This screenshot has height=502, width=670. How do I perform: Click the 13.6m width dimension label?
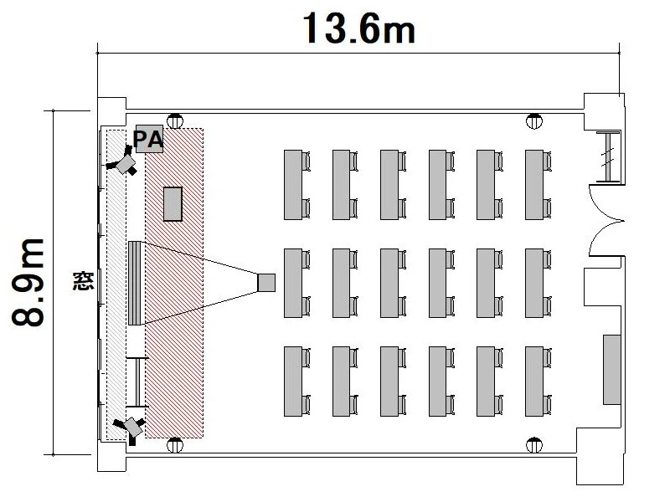(x=358, y=28)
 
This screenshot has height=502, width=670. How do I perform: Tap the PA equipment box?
(x=148, y=140)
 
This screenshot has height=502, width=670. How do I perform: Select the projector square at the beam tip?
(x=266, y=283)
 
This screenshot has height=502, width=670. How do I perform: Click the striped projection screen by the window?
(x=135, y=283)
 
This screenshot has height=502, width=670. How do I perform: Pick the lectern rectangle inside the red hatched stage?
(x=173, y=203)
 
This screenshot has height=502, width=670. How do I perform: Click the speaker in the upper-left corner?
(x=126, y=161)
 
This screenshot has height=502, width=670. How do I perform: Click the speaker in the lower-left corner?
(x=131, y=425)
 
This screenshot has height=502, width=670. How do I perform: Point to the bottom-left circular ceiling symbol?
(x=175, y=444)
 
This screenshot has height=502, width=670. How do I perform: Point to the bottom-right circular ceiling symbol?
(x=533, y=444)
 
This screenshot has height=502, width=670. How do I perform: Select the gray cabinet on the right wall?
(x=612, y=369)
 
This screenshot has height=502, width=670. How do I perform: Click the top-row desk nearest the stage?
(x=293, y=185)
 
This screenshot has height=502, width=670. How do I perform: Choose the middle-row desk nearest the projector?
(x=293, y=283)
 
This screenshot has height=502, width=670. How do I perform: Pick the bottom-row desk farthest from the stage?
(x=534, y=381)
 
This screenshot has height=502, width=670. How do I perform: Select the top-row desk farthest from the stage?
(x=534, y=185)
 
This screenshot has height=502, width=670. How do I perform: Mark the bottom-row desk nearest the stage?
(x=293, y=381)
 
